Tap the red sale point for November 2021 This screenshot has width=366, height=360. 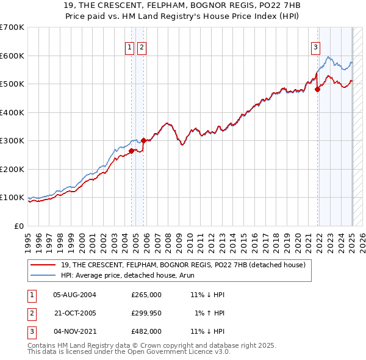pyautogui.click(x=318, y=89)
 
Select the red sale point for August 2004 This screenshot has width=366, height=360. pyautogui.click(x=131, y=151)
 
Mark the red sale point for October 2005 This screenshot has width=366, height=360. pyautogui.click(x=144, y=140)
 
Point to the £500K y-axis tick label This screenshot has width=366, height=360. pyautogui.click(x=12, y=84)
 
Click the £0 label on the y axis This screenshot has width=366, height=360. pyautogui.click(x=18, y=226)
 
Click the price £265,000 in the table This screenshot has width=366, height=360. pyautogui.click(x=146, y=295)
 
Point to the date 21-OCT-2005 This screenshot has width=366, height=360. pyautogui.click(x=75, y=313)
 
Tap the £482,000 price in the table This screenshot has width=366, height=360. pyautogui.click(x=146, y=331)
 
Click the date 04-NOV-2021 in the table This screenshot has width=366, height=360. pyautogui.click(x=75, y=331)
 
